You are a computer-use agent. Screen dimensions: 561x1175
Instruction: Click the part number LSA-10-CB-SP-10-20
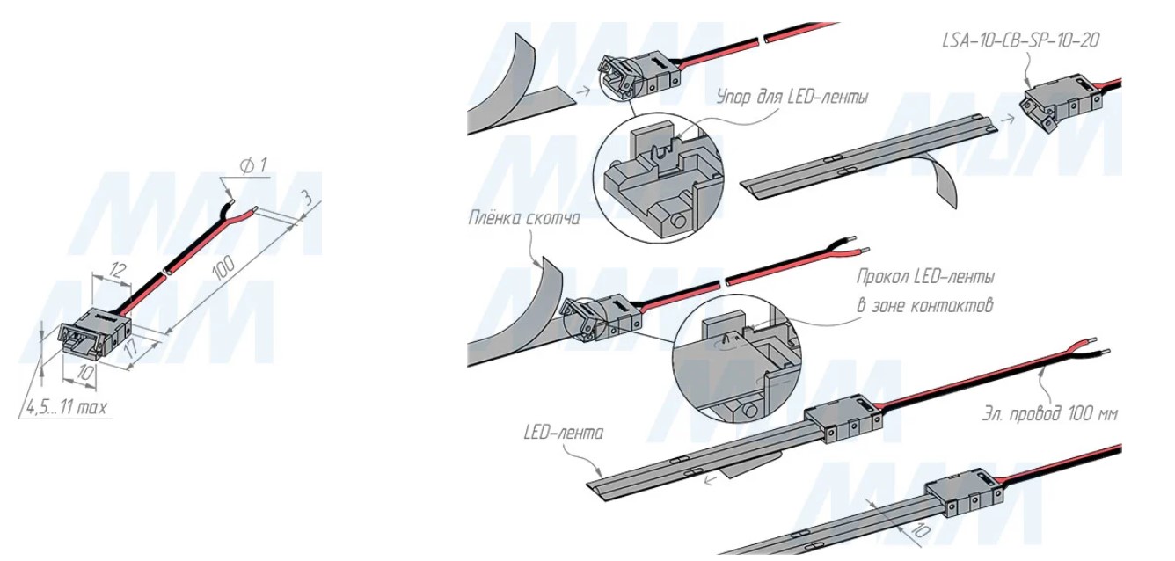pos(1020,40)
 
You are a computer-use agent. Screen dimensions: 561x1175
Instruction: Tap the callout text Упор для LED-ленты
pos(792,97)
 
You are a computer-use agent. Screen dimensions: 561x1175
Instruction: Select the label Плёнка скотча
pos(524,218)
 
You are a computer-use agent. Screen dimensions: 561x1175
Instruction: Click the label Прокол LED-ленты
pos(925,278)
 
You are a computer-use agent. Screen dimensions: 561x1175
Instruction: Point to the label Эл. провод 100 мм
pos(1050,414)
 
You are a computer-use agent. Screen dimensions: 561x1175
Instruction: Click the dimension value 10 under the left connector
pos(83,372)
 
